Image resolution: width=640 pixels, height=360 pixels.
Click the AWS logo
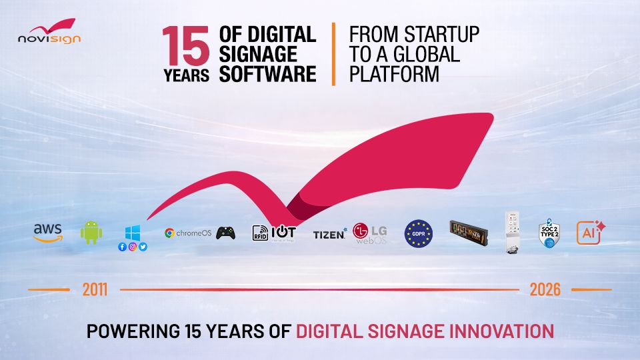pos(48,233)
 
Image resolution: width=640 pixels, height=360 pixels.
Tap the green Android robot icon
pos(91,233)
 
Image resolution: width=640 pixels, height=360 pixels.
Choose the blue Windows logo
pos(133,233)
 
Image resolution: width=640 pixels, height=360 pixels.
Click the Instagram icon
pos(133,247)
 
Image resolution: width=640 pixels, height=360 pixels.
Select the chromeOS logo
pos(188,233)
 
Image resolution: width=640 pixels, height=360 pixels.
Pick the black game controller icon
pos(225,233)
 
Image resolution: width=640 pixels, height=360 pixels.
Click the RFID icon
pos(260,233)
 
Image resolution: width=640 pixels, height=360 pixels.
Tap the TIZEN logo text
pos(329,234)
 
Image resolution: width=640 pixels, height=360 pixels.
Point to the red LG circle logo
pos(361,231)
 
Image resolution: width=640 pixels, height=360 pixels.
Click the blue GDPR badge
pos(419,234)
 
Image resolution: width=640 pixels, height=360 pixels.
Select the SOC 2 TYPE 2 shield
pos(548,234)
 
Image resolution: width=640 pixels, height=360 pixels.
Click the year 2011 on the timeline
pos(95,290)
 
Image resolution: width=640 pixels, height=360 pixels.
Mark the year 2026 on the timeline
pos(545,290)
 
